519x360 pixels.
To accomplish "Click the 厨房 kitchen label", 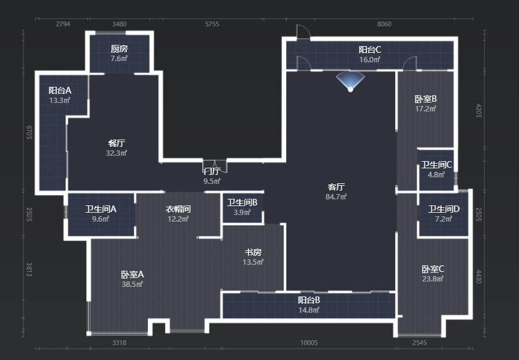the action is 119,49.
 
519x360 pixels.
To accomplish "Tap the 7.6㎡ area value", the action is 119,59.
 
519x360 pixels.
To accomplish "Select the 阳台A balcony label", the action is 60,90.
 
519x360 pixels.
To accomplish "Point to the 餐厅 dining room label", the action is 117,143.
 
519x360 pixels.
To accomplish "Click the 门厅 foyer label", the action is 212,171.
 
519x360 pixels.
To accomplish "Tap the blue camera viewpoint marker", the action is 350,82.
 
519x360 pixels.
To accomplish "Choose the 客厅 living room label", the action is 336,187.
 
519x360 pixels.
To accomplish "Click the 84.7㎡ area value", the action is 336,196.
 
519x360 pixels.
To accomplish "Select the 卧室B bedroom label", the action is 426,99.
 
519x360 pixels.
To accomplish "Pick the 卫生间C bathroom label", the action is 436,165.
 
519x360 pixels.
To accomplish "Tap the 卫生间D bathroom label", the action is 444,209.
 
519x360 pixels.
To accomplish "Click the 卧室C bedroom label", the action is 433,269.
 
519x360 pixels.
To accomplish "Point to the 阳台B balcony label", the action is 309,300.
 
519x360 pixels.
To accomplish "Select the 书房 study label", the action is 253,252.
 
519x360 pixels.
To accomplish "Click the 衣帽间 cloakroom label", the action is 178,209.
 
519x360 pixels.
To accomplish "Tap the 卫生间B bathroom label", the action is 242,202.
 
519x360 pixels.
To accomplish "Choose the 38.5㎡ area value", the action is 132,284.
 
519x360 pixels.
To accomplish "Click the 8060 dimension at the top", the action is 384,24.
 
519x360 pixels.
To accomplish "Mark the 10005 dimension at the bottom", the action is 309,343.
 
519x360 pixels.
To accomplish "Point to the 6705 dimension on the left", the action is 29,132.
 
